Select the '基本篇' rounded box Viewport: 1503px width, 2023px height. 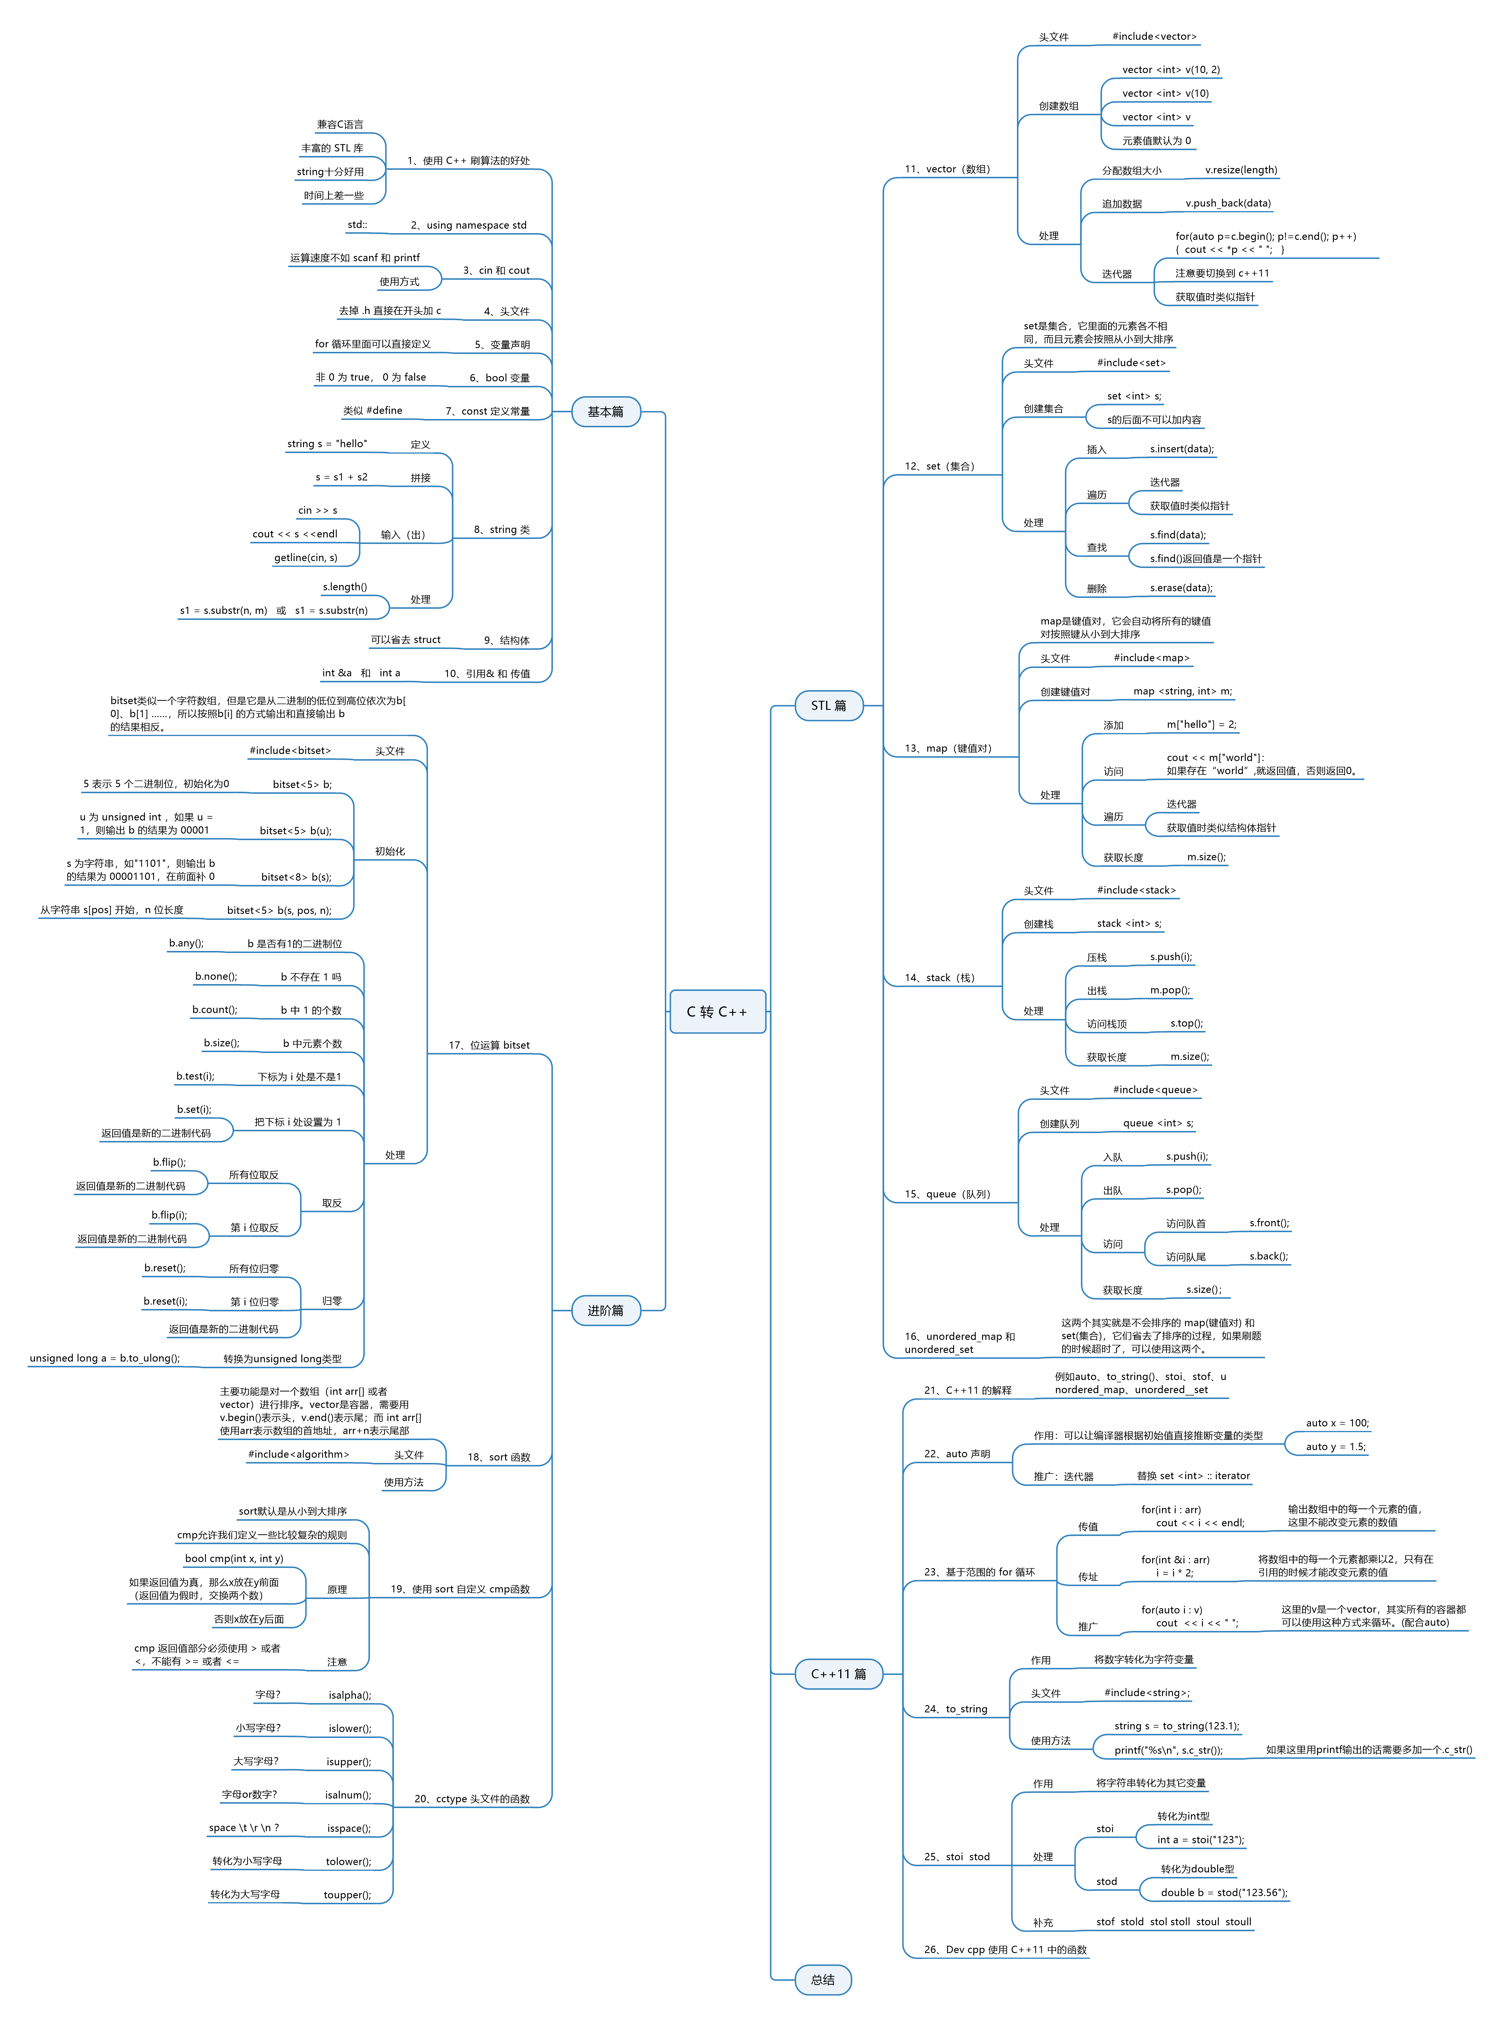click(x=605, y=411)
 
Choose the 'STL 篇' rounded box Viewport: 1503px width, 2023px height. click(x=828, y=705)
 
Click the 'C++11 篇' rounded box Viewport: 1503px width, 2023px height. click(x=838, y=1673)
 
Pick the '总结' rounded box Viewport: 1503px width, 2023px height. click(x=823, y=1979)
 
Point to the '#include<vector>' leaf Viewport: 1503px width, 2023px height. click(x=1154, y=36)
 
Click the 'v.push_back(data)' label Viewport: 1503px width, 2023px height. click(x=1227, y=203)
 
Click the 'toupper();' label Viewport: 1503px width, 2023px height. click(x=348, y=1895)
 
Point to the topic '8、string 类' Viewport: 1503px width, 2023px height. click(x=501, y=530)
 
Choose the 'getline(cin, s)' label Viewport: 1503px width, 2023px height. click(x=306, y=558)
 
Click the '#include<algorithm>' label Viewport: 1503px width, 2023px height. click(x=298, y=1454)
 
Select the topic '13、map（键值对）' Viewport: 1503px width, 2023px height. click(x=947, y=748)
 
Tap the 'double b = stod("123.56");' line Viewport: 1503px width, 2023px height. click(x=1224, y=1892)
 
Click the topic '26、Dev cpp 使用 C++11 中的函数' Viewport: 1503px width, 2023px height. click(x=1004, y=1949)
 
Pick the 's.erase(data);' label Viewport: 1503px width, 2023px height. click(x=1181, y=588)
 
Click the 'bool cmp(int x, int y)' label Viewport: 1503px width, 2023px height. click(x=234, y=1558)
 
